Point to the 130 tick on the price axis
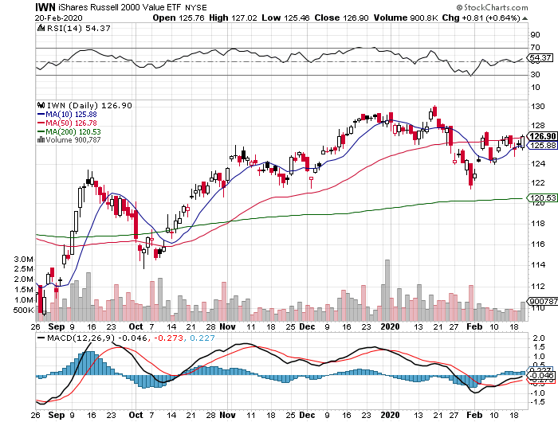pos(538,107)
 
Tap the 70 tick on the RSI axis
pos(536,48)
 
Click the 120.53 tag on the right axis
pos(541,198)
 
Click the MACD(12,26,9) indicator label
pos(69,338)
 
